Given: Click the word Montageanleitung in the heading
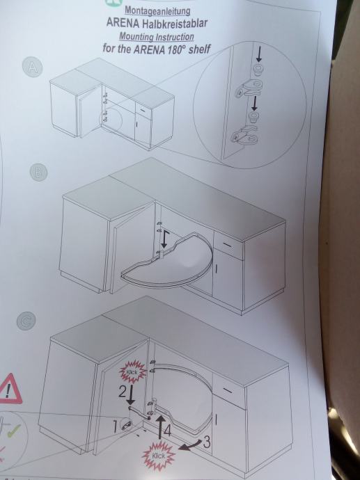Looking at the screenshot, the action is coord(157,10).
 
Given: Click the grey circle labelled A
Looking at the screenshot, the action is coord(32,67).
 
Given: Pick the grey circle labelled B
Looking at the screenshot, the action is coord(38,172).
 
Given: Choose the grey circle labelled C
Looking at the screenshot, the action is coord(26,321).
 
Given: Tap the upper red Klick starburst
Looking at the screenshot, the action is coord(133,371).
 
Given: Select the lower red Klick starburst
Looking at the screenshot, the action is coord(158,456).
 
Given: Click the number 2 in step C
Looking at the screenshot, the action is coord(123,392).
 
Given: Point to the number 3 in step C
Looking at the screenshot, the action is coord(207,442).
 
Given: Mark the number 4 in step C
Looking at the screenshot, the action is coord(167,431).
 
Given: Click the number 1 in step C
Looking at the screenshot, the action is coord(115,426).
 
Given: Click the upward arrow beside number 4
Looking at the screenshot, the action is coord(159,429).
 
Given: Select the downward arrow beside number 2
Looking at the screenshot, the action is coord(131,395).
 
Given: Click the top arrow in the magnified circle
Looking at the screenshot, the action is coord(259,54).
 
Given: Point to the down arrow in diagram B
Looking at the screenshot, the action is coord(164,240).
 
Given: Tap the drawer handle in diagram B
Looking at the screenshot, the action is coord(227,244).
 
